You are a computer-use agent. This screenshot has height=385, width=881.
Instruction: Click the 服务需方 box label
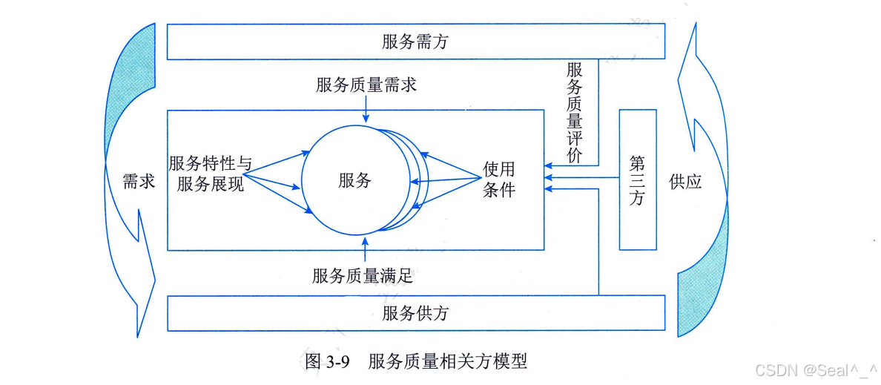point(415,42)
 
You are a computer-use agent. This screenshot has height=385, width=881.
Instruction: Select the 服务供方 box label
point(415,313)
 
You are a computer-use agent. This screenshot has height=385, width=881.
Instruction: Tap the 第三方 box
point(637,180)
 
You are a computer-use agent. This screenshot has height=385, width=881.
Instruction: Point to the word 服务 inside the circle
point(354,180)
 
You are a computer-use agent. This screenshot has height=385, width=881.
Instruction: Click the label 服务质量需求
point(366,85)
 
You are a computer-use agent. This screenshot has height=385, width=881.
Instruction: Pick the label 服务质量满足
point(363,276)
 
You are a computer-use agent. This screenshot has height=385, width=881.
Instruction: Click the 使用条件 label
point(498,180)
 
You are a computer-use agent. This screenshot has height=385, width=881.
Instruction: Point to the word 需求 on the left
point(139,181)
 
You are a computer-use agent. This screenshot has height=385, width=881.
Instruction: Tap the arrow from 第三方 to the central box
point(582,178)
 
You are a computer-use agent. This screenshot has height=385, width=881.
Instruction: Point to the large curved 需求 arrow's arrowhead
point(148,278)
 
